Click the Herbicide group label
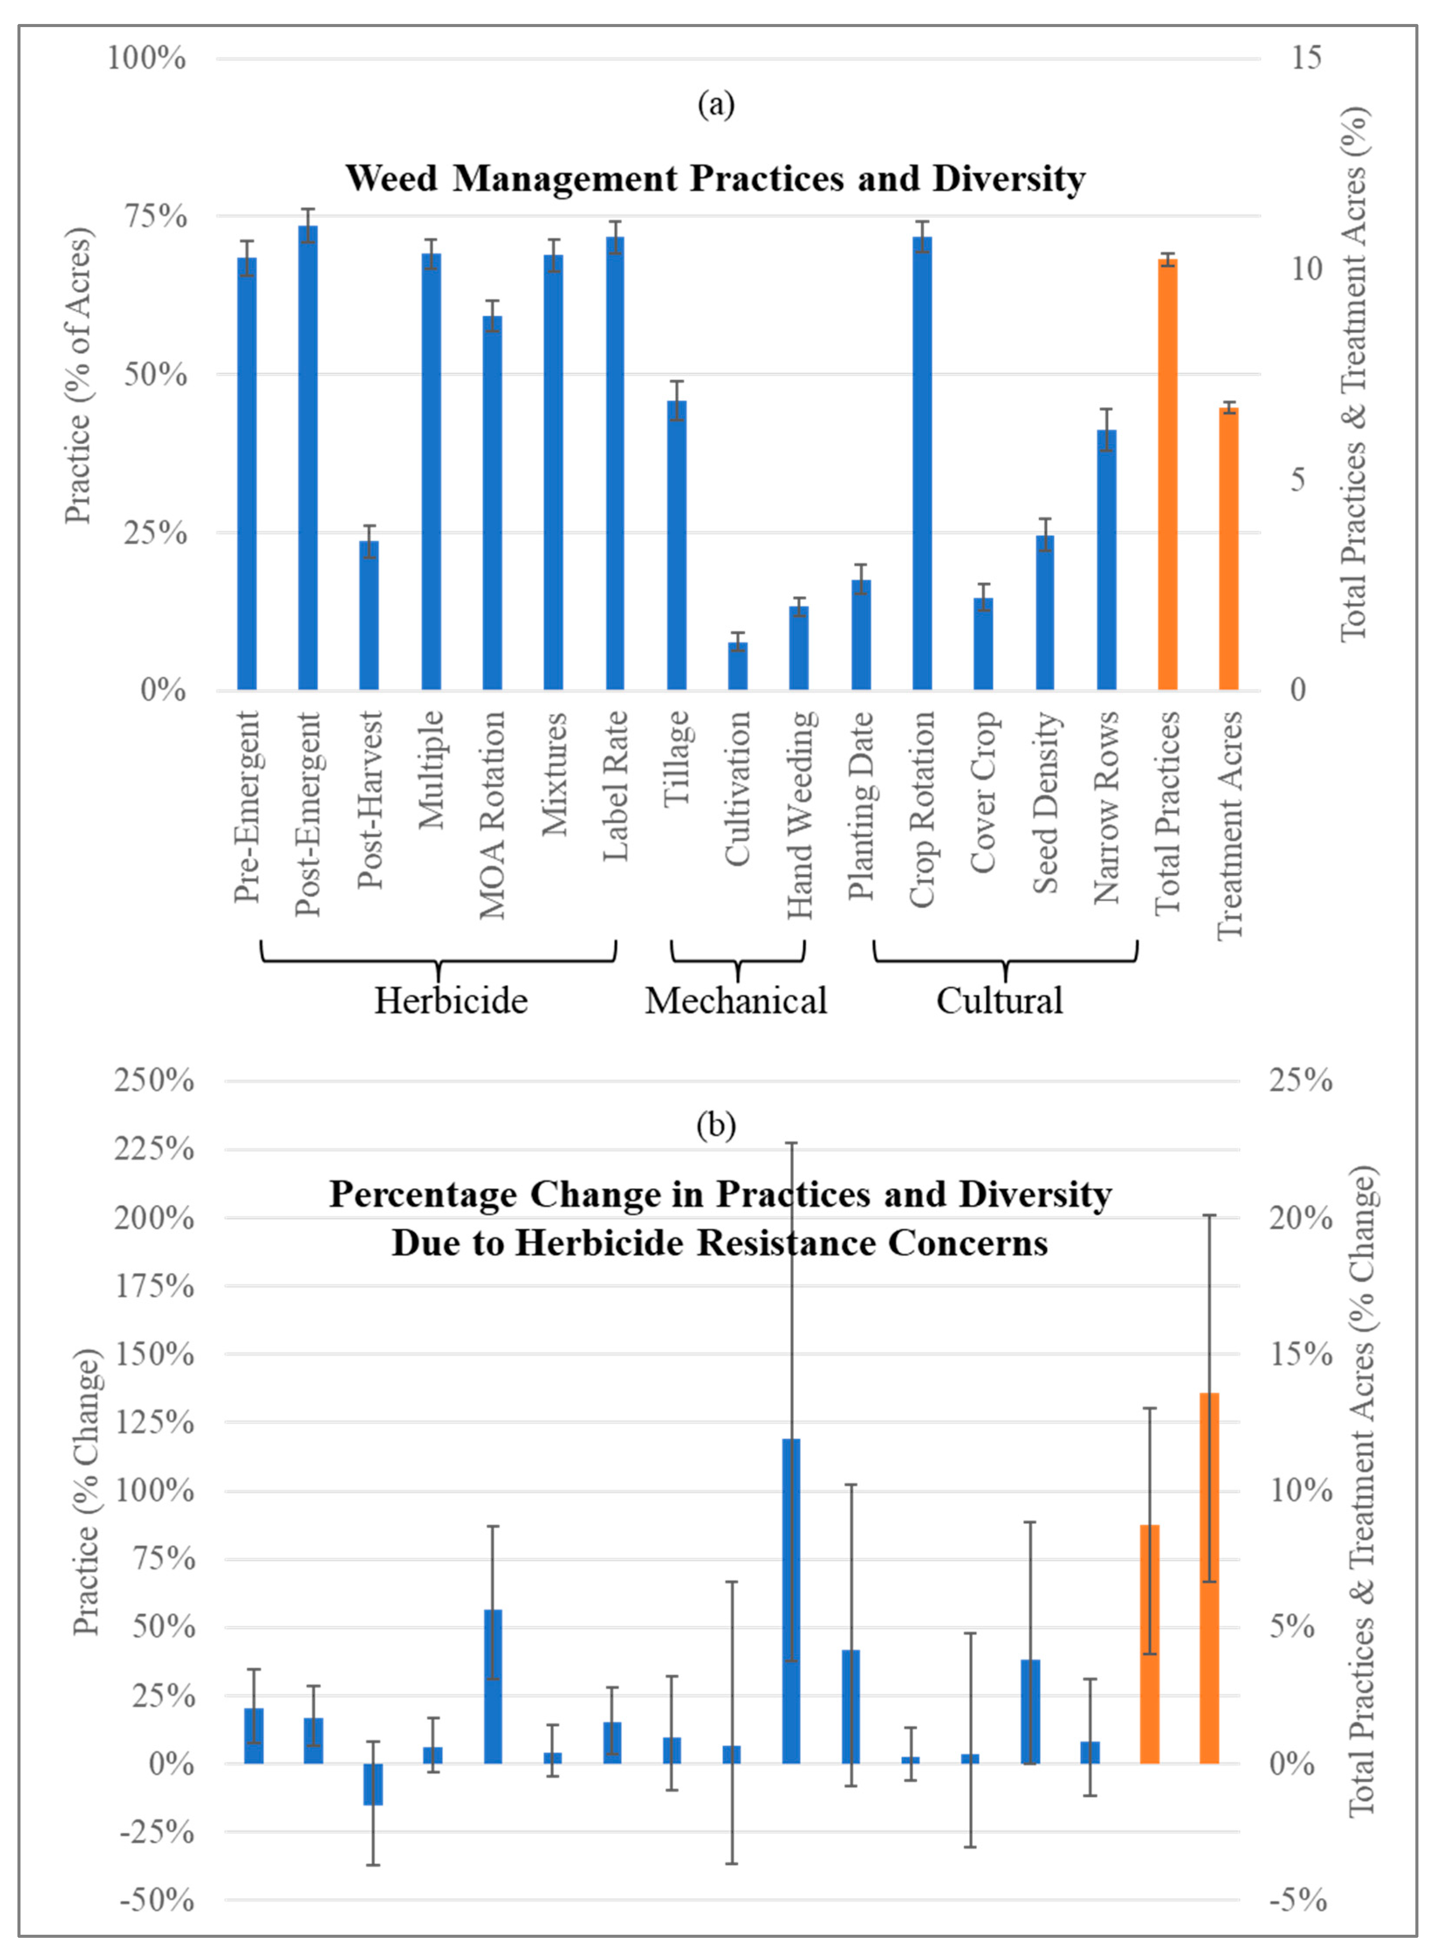coord(451,1000)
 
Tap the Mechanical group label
coord(736,1000)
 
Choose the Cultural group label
coord(999,1000)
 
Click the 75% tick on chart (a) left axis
coord(156,216)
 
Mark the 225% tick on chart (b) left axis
coord(154,1149)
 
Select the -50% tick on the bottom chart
coord(156,1901)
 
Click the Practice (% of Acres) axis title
coord(78,375)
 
